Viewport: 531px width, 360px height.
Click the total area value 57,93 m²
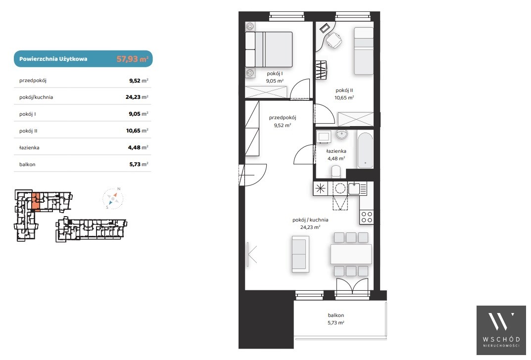pyautogui.click(x=133, y=59)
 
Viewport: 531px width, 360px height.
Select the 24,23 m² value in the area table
pyautogui.click(x=137, y=97)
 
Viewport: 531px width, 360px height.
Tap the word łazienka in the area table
pyautogui.click(x=29, y=147)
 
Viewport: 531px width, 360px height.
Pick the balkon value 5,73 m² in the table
pyautogui.click(x=139, y=164)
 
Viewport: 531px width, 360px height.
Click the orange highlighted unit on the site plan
pyautogui.click(x=36, y=201)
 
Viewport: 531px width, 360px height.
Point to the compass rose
pyautogui.click(x=113, y=198)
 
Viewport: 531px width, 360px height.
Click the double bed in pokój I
pyautogui.click(x=269, y=49)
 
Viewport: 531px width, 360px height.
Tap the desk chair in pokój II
pyautogui.click(x=334, y=40)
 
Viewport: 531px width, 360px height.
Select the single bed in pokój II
pyautogui.click(x=364, y=51)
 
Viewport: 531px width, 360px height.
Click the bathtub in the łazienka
pyautogui.click(x=365, y=150)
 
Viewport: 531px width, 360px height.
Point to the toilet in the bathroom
pyautogui.click(x=336, y=171)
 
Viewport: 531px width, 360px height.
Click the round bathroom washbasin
pyautogui.click(x=341, y=135)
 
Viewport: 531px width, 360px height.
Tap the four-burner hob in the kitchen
pyautogui.click(x=366, y=217)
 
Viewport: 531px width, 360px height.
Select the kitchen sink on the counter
pyautogui.click(x=354, y=188)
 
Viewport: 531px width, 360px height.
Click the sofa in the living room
pyautogui.click(x=300, y=254)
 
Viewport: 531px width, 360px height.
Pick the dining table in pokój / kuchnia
pyautogui.click(x=351, y=254)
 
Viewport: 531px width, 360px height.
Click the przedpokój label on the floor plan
pyautogui.click(x=283, y=118)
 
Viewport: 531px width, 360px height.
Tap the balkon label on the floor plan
pyautogui.click(x=336, y=315)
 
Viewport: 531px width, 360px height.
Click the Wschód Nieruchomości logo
pyautogui.click(x=501, y=330)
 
